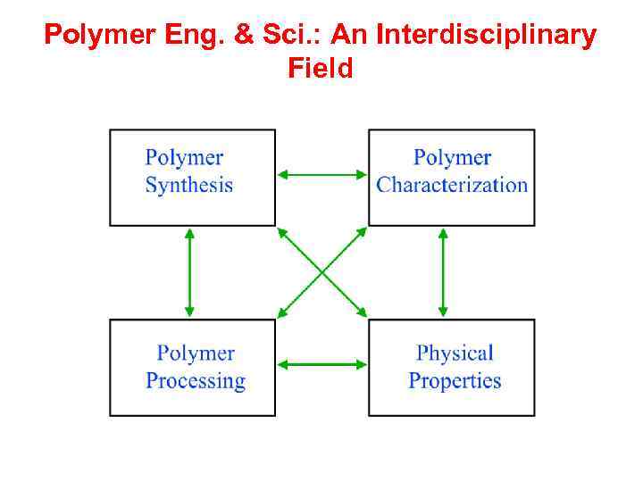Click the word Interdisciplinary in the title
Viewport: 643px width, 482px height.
click(x=487, y=36)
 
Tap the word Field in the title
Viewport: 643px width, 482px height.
click(x=321, y=68)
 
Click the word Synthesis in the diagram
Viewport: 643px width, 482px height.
click(x=188, y=186)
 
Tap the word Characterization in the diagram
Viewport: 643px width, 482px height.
click(x=452, y=186)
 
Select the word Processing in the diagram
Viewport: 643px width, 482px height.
click(x=196, y=381)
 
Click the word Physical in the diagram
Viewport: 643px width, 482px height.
click(x=455, y=353)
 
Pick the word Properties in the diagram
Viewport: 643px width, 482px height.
click(x=455, y=381)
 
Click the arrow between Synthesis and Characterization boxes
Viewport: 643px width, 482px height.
click(x=321, y=175)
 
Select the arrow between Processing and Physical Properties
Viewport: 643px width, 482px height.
click(x=321, y=364)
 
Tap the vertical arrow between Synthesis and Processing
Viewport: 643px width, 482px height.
click(x=189, y=271)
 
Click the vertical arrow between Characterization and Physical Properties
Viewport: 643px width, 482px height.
click(x=443, y=271)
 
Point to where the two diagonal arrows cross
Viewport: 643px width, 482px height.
click(x=321, y=271)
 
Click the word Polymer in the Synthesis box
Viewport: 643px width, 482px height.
click(x=184, y=158)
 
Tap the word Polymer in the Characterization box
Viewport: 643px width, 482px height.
click(x=452, y=158)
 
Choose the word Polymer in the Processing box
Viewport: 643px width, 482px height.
click(x=196, y=353)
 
